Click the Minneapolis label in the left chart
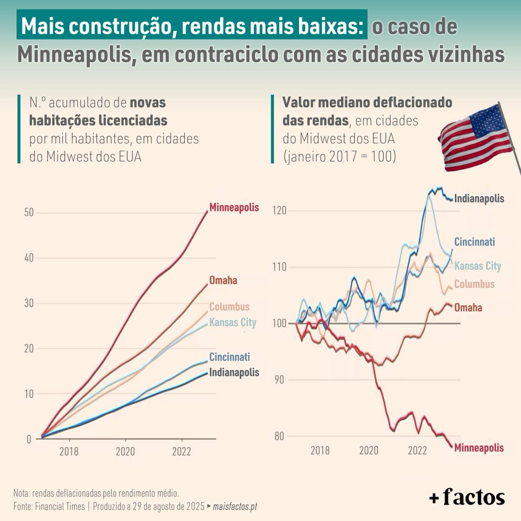tap(234, 208)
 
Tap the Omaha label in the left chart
tap(223, 280)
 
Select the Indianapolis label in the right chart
tap(479, 199)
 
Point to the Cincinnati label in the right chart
tap(475, 242)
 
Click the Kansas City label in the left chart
tap(233, 323)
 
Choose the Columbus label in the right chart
tap(475, 284)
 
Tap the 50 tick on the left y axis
tap(29, 213)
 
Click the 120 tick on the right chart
tap(279, 211)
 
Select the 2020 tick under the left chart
tap(125, 452)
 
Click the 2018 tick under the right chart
tap(320, 450)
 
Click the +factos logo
tap(467, 498)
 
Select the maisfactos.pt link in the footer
tap(235, 507)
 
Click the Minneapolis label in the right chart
tap(479, 448)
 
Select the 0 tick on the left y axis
tap(29, 439)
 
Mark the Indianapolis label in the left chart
tap(234, 373)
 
